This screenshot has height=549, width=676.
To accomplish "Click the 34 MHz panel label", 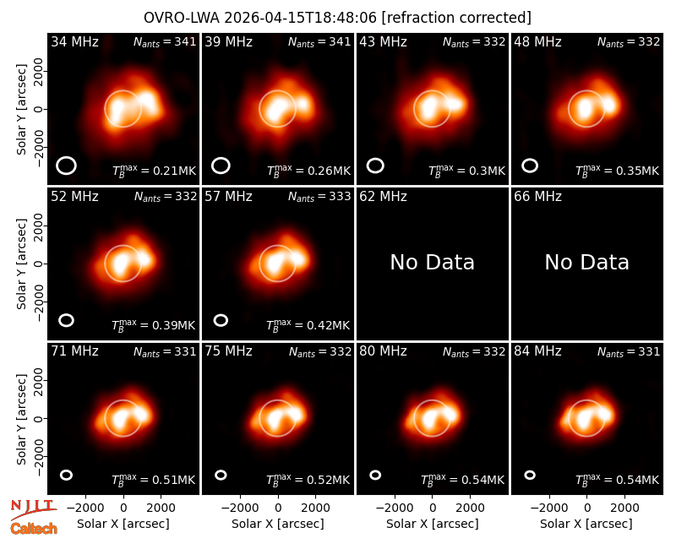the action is pyautogui.click(x=74, y=41).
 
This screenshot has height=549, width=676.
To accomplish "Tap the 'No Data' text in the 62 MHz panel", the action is pyautogui.click(x=432, y=262).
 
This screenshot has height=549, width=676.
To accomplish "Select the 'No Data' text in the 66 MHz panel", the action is pyautogui.click(x=586, y=262).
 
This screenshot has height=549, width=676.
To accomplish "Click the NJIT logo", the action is pyautogui.click(x=33, y=509).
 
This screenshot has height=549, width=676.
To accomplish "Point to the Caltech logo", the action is pyautogui.click(x=34, y=529).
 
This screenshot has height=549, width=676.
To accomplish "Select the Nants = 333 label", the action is pyautogui.click(x=319, y=197).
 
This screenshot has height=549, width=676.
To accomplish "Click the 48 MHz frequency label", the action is pyautogui.click(x=537, y=41).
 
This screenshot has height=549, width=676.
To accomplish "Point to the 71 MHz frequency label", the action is pyautogui.click(x=74, y=351).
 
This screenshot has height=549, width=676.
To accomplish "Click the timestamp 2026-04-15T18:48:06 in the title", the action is pyautogui.click(x=300, y=18).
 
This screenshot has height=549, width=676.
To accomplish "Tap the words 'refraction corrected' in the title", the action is pyautogui.click(x=456, y=18).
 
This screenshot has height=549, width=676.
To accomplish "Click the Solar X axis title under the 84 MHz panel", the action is pyautogui.click(x=586, y=524).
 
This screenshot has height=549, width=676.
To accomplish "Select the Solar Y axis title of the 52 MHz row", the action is pyautogui.click(x=21, y=264).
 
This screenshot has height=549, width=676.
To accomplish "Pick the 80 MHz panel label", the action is pyautogui.click(x=383, y=351).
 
